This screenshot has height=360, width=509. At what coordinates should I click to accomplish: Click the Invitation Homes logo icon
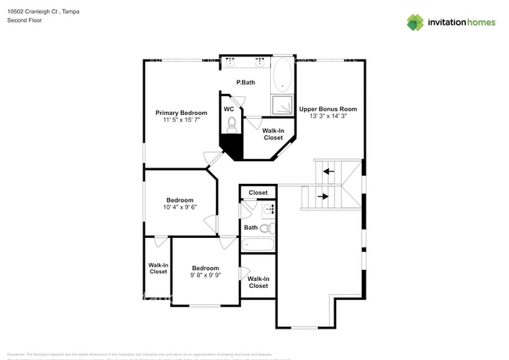(414, 22)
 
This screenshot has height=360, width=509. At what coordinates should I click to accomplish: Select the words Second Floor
(24, 21)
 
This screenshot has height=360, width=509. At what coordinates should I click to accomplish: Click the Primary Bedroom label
(181, 113)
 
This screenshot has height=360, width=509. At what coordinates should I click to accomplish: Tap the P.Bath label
(246, 82)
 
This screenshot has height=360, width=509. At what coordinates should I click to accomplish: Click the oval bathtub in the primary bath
(283, 77)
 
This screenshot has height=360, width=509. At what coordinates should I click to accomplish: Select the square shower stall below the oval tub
(283, 105)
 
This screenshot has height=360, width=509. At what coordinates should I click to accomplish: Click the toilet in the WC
(232, 123)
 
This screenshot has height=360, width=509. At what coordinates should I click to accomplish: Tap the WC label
(229, 109)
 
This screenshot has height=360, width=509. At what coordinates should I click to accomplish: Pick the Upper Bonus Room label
(328, 109)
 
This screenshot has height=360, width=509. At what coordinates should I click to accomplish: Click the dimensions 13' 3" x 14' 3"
(328, 117)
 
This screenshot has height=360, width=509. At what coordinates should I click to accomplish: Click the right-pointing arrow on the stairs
(323, 196)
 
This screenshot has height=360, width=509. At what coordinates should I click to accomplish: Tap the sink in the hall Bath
(269, 209)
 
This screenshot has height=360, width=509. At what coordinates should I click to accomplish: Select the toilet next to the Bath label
(266, 229)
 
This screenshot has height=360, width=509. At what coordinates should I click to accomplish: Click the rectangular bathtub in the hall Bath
(258, 244)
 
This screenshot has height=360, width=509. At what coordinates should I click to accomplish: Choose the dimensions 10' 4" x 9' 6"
(179, 207)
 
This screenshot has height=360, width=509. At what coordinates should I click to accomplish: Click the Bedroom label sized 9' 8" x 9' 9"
(205, 268)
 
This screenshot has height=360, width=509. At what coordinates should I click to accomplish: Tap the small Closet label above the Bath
(258, 193)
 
